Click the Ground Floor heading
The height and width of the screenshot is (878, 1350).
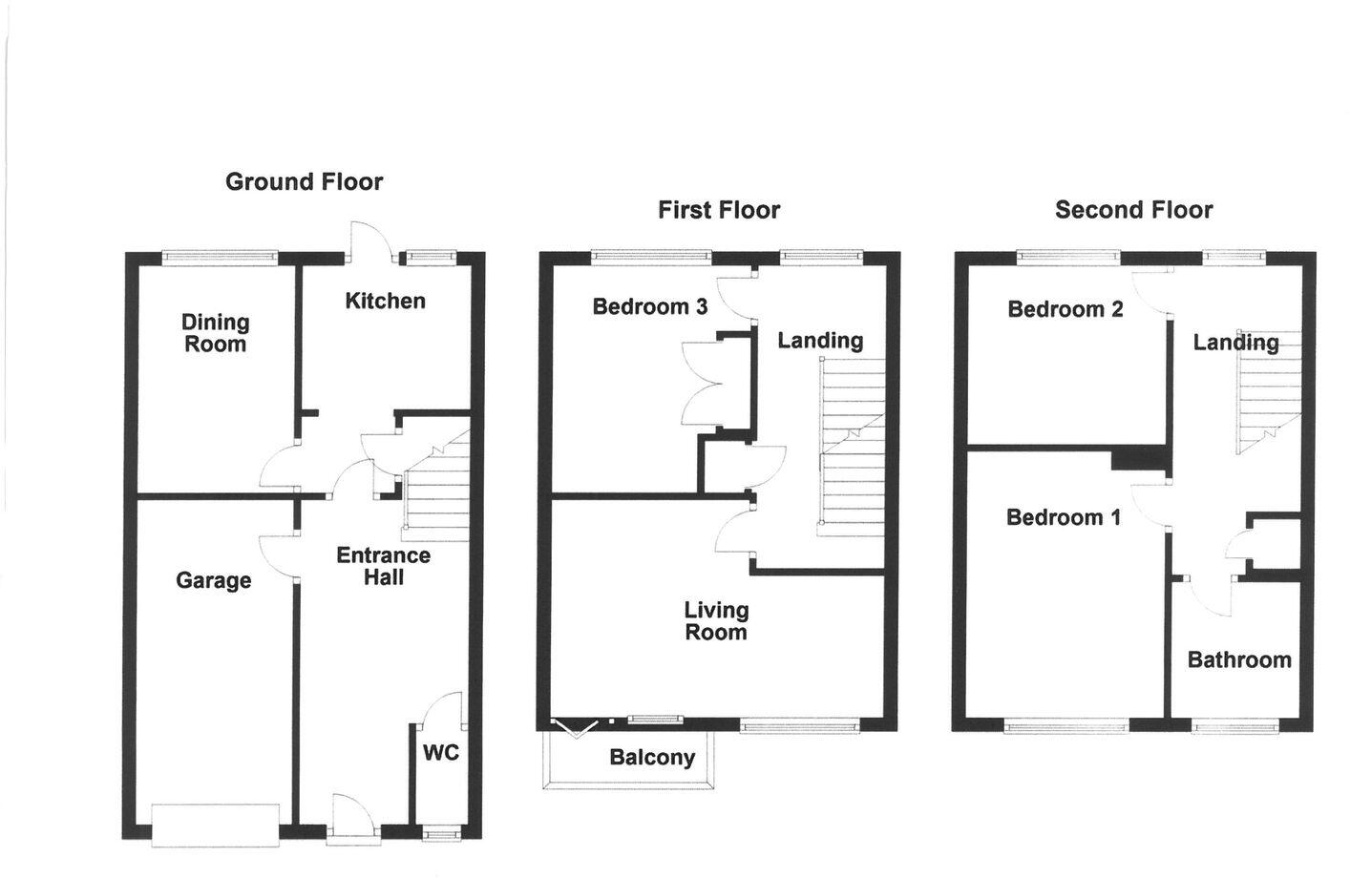304,181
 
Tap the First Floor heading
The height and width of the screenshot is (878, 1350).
719,210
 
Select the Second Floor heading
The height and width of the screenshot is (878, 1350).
1133,210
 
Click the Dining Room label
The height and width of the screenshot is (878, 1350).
216,333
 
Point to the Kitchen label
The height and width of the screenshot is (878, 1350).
385,301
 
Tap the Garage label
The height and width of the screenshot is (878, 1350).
214,580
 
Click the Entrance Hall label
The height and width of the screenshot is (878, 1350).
383,566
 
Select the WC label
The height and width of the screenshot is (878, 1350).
441,753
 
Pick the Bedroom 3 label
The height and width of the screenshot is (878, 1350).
649,306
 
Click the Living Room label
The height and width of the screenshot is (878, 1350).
716,620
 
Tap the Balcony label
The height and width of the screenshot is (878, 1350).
652,758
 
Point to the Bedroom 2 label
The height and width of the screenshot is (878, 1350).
1065,309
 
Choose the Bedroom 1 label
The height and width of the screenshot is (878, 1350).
1063,517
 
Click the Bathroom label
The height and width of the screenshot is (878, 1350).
1239,659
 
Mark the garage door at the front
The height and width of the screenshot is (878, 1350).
216,825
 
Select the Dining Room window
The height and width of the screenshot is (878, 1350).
220,256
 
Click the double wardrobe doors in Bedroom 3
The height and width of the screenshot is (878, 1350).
699,383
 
